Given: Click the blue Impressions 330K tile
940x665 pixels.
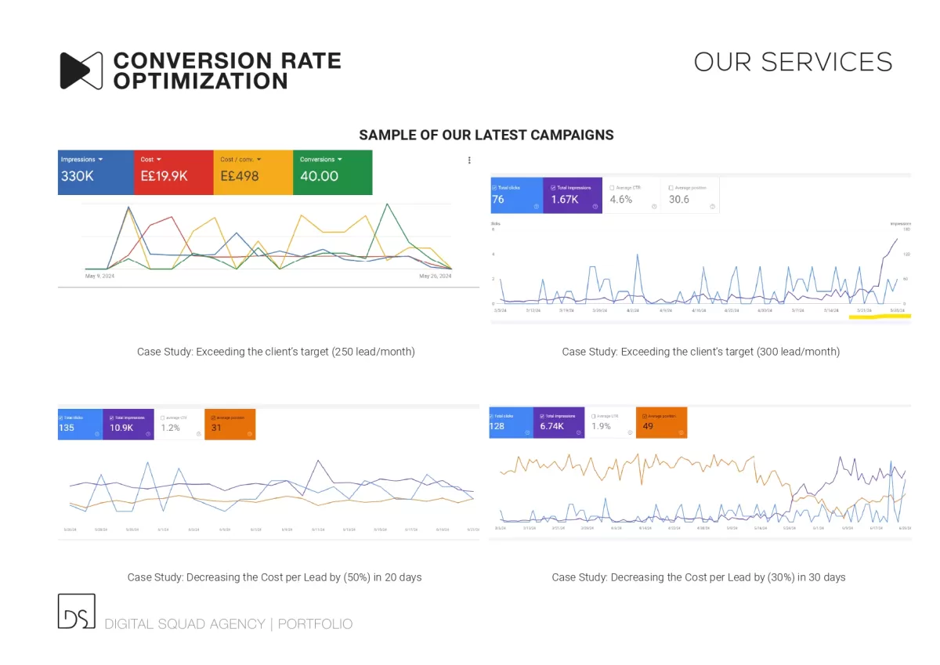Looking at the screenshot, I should pos(96,172).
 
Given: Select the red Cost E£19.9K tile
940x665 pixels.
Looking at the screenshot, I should pos(173,172).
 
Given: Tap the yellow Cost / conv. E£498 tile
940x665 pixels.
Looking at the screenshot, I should pos(252,172).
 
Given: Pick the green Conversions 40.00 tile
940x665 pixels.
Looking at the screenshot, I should pos(332,172).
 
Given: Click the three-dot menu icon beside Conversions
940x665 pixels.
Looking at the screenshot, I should pos(469,160).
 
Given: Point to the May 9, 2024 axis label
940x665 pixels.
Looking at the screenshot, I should pos(100,276).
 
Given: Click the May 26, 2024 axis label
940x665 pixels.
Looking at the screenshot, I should pos(435,276).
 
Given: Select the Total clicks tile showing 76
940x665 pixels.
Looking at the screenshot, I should pos(516,195).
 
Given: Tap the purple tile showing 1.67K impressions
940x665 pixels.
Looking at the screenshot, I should pos(573,195).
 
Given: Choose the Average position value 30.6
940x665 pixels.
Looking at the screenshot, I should pos(679,200).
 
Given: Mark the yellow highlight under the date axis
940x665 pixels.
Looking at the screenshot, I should pos(880,316).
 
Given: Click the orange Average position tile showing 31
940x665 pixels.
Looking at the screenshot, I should pos(229,424).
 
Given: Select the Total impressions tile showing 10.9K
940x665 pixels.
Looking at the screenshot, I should pos(128,424).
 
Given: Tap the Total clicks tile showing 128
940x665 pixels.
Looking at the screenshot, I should pos(511,422).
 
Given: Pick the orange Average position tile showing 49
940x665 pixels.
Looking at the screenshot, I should pos(661,422).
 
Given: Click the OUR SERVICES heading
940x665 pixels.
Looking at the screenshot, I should pos(793,63).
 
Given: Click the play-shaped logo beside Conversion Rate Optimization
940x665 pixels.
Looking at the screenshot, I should pos(81,70).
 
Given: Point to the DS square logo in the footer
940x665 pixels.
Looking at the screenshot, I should pos(76,611).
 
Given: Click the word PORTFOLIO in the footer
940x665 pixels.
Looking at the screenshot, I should pos(315,624).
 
